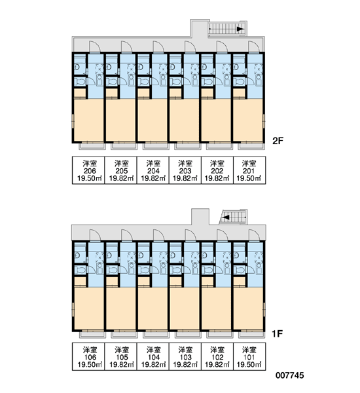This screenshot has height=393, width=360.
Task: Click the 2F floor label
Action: [x=278, y=141]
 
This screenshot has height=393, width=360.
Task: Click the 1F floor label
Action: [x=278, y=333]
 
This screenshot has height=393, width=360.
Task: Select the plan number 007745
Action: [x=290, y=375]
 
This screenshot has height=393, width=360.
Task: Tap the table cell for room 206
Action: [x=88, y=170]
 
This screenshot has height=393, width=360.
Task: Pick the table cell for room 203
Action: [x=185, y=170]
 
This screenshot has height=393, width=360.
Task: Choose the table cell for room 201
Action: [x=249, y=170]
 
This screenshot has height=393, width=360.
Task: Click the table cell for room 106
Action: [x=88, y=356]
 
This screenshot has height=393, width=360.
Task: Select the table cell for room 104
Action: [x=153, y=356]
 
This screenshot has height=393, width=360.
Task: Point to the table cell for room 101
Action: [x=249, y=356]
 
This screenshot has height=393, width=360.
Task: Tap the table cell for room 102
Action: [x=217, y=356]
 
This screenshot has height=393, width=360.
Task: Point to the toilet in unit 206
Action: [x=80, y=82]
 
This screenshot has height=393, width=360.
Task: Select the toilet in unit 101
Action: [x=239, y=270]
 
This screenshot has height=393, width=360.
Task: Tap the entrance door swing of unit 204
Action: [x=158, y=47]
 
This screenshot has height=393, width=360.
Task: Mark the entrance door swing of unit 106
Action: [x=95, y=235]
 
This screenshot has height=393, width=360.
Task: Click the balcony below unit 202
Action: [x=219, y=146]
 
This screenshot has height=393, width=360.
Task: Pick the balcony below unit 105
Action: [x=124, y=335]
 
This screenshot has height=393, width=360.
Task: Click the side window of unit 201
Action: [x=264, y=121]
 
